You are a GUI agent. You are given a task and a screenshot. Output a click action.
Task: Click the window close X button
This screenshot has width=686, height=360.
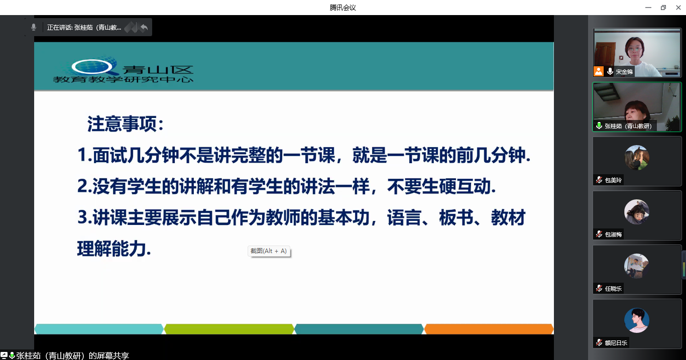tap(678, 8)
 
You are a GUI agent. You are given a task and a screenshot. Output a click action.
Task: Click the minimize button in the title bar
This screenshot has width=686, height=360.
tap(648, 8)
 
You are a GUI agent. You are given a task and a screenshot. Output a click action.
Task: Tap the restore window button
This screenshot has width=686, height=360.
tap(663, 8)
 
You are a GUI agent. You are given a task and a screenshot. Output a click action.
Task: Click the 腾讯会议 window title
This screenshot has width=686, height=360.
tap(342, 8)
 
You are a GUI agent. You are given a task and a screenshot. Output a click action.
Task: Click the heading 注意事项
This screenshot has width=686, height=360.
tap(122, 124)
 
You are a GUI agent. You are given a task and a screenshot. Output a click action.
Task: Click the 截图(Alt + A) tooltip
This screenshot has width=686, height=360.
tap(269, 251)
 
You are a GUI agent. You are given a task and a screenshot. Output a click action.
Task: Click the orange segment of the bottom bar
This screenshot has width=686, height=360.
tap(489, 329)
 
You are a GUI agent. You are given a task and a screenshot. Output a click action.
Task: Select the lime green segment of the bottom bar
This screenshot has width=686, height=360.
tap(229, 329)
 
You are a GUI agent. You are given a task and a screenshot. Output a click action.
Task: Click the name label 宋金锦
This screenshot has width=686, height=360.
tap(624, 72)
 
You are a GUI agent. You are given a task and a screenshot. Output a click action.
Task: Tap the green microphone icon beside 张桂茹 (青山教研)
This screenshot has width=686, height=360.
tap(599, 126)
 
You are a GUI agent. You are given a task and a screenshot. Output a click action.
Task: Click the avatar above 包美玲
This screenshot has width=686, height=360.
tap(637, 158)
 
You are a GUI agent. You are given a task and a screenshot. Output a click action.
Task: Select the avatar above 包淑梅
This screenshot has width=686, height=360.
tap(637, 212)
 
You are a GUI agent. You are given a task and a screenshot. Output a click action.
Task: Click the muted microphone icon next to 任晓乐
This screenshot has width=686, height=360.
tap(599, 288)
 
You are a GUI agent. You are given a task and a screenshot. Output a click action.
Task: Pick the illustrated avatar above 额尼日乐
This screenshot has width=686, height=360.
tap(637, 320)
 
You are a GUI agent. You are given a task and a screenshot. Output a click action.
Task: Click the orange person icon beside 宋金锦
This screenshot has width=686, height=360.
tap(599, 71)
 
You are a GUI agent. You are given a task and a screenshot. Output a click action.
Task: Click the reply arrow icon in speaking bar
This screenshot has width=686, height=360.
tap(144, 28)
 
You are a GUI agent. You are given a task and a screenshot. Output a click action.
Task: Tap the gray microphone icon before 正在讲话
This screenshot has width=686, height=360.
tap(34, 28)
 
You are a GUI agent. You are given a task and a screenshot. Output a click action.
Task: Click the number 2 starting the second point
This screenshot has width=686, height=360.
tap(82, 186)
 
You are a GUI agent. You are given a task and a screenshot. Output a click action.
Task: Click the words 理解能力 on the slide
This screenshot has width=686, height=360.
tap(111, 249)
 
